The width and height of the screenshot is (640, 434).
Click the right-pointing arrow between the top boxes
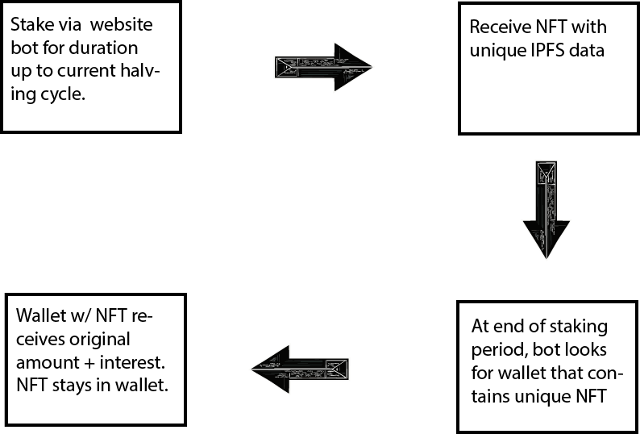[x=322, y=67]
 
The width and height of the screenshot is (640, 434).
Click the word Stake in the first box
[x=30, y=25]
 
